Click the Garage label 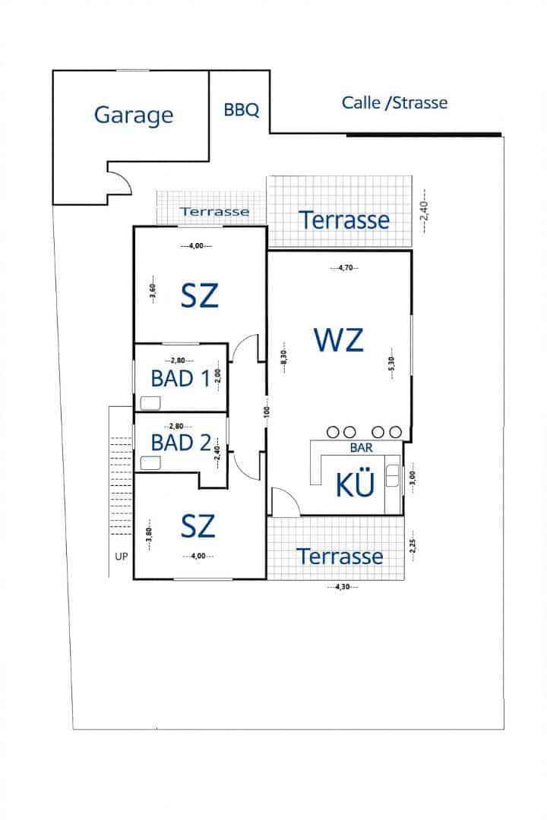coord(134,115)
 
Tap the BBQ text coord(242,110)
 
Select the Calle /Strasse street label coord(394,102)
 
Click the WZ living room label coord(339,339)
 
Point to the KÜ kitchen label coord(356,484)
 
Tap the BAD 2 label coord(180,442)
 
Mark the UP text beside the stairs coord(122,556)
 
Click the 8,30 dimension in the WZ coord(283,357)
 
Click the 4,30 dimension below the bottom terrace coord(343,586)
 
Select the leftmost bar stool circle coord(332,432)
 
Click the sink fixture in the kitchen coord(392,475)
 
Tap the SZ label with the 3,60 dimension coord(200,295)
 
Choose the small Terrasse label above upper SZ coord(213,211)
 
